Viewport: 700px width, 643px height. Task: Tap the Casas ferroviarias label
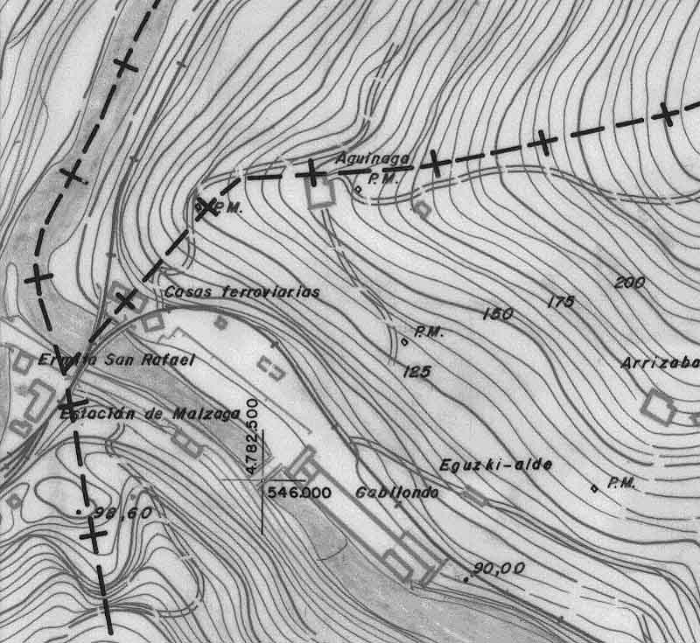click(242, 292)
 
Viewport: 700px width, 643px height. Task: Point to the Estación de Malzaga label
click(149, 414)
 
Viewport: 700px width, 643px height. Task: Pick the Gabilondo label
click(396, 493)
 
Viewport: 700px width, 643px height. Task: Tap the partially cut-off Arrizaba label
click(661, 363)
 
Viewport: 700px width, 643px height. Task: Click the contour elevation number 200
click(630, 283)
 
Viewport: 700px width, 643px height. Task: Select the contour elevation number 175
click(560, 302)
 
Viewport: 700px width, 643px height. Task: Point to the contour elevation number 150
click(497, 313)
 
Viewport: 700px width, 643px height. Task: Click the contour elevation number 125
click(416, 372)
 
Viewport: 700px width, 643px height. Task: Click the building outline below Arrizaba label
click(659, 406)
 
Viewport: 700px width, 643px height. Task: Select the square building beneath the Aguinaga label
click(320, 192)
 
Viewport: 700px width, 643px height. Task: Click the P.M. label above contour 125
click(430, 332)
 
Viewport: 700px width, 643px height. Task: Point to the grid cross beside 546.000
click(262, 480)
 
